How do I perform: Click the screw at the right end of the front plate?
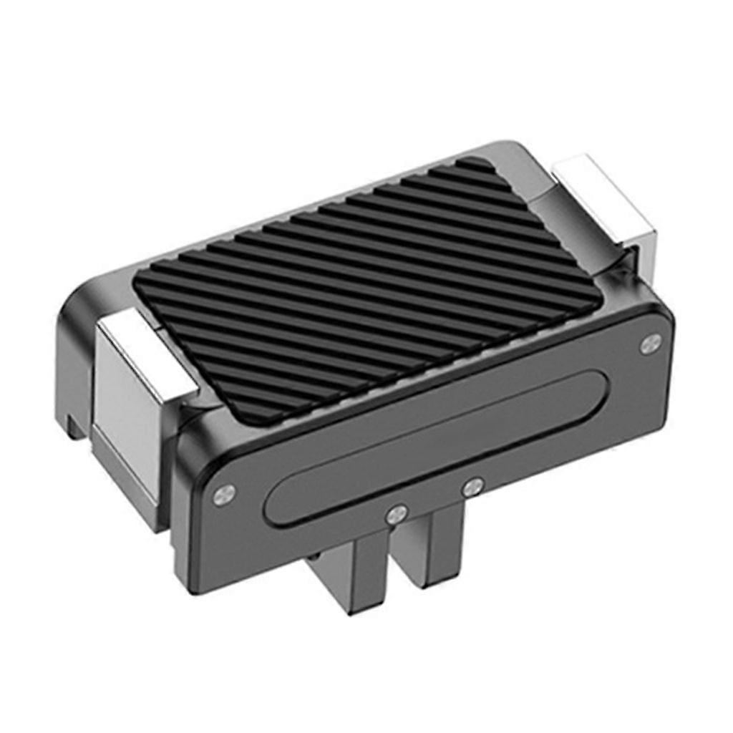[650, 344]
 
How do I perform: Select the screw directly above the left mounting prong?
[396, 513]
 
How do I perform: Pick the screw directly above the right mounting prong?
[470, 489]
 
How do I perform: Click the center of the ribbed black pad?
[365, 286]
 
